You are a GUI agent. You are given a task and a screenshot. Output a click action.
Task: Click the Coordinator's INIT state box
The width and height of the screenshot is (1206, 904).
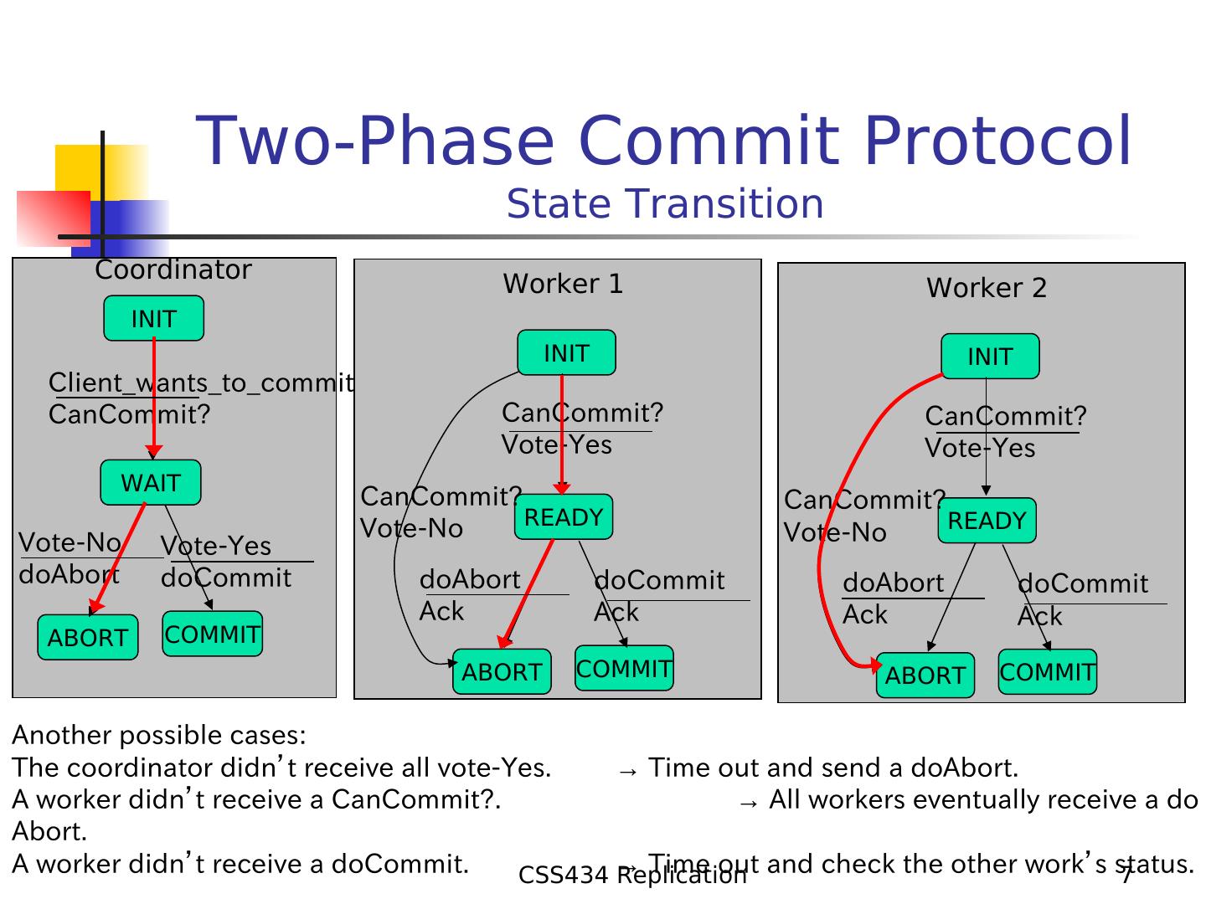[153, 318]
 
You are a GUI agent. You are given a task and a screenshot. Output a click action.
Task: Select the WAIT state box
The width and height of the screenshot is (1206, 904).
[151, 482]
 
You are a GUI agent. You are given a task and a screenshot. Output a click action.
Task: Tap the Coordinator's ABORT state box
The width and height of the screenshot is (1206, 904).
[88, 638]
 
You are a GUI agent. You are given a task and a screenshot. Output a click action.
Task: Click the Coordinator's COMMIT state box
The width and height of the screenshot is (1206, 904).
[212, 634]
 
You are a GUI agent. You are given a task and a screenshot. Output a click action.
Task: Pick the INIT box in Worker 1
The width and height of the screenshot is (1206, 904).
[566, 353]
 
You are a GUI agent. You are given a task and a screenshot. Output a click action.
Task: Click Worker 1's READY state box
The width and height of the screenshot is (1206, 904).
[564, 517]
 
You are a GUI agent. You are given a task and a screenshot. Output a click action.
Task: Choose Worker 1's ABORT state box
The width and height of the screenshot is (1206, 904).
[502, 672]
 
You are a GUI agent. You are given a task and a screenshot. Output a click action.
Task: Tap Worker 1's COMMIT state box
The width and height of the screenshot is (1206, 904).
[624, 668]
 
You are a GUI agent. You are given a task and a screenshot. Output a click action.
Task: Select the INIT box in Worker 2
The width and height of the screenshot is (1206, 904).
[990, 357]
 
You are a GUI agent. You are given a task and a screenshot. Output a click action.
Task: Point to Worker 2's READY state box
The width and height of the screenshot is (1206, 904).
[987, 521]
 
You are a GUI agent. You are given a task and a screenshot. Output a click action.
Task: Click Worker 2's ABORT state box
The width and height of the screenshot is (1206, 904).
[925, 675]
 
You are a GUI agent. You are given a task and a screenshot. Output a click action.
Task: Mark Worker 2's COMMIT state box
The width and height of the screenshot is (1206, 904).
[1047, 672]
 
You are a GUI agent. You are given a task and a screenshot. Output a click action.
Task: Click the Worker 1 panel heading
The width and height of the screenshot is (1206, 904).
[563, 285]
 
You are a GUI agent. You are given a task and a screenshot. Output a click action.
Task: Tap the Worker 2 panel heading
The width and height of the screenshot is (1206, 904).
[987, 288]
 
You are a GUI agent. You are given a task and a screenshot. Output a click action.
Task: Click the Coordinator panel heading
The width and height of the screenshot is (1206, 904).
[173, 270]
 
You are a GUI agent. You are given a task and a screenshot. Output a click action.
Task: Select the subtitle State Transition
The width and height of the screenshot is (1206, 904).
[665, 204]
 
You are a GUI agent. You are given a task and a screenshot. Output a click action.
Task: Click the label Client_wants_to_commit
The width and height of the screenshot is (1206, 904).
[201, 383]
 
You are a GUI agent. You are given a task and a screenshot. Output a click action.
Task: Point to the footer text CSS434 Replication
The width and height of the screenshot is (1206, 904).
[632, 876]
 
